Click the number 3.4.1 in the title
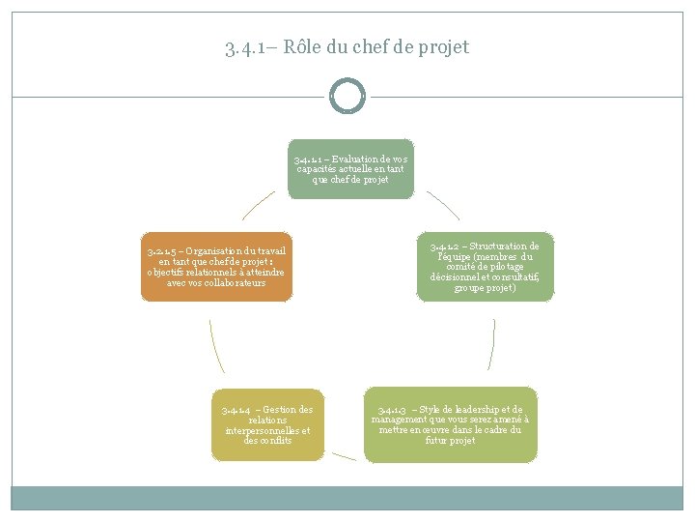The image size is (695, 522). tap(241, 47)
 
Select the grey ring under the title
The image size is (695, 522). tap(347, 96)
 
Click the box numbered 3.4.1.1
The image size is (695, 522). tap(350, 169)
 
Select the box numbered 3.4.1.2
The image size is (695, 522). tap(485, 267)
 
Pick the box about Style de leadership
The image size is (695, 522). tap(450, 425)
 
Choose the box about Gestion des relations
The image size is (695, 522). tap(266, 425)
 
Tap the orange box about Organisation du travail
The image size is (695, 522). tap(215, 267)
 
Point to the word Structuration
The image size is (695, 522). tap(506, 246)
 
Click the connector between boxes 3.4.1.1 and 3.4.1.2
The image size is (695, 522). tap(443, 204)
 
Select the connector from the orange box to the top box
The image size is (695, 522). tap(258, 204)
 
